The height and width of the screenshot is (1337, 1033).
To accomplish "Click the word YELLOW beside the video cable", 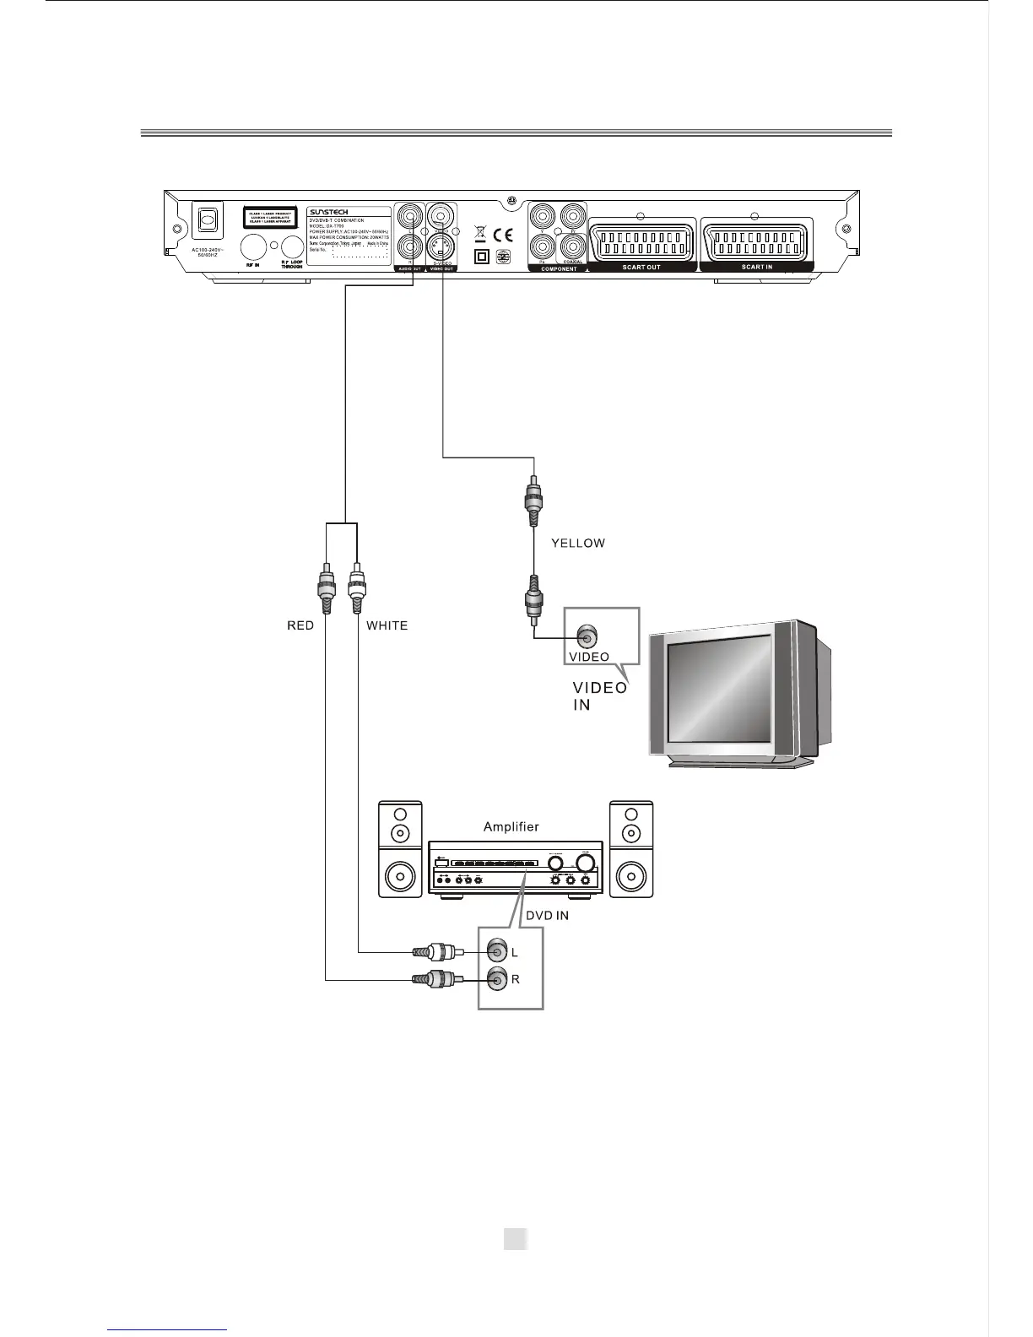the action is [578, 544].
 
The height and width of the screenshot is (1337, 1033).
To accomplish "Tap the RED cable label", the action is [300, 625].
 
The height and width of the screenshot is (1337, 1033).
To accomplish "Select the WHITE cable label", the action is [387, 625].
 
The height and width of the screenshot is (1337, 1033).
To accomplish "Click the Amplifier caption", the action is [511, 826].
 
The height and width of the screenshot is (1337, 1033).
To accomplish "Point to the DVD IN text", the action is [547, 916].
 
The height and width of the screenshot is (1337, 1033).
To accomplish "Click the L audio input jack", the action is [496, 951].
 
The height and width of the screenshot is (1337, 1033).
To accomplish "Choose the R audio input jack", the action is [496, 979].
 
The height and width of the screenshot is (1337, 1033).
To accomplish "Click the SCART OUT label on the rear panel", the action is [641, 267].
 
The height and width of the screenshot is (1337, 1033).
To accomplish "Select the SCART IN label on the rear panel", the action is [756, 267].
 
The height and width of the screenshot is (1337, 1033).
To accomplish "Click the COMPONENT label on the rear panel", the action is [558, 268].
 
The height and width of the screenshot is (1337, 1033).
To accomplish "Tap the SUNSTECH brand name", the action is [328, 212].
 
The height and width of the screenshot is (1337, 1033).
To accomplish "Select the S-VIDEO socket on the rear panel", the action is [440, 247].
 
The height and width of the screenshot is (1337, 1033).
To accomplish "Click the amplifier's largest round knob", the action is [584, 862].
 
